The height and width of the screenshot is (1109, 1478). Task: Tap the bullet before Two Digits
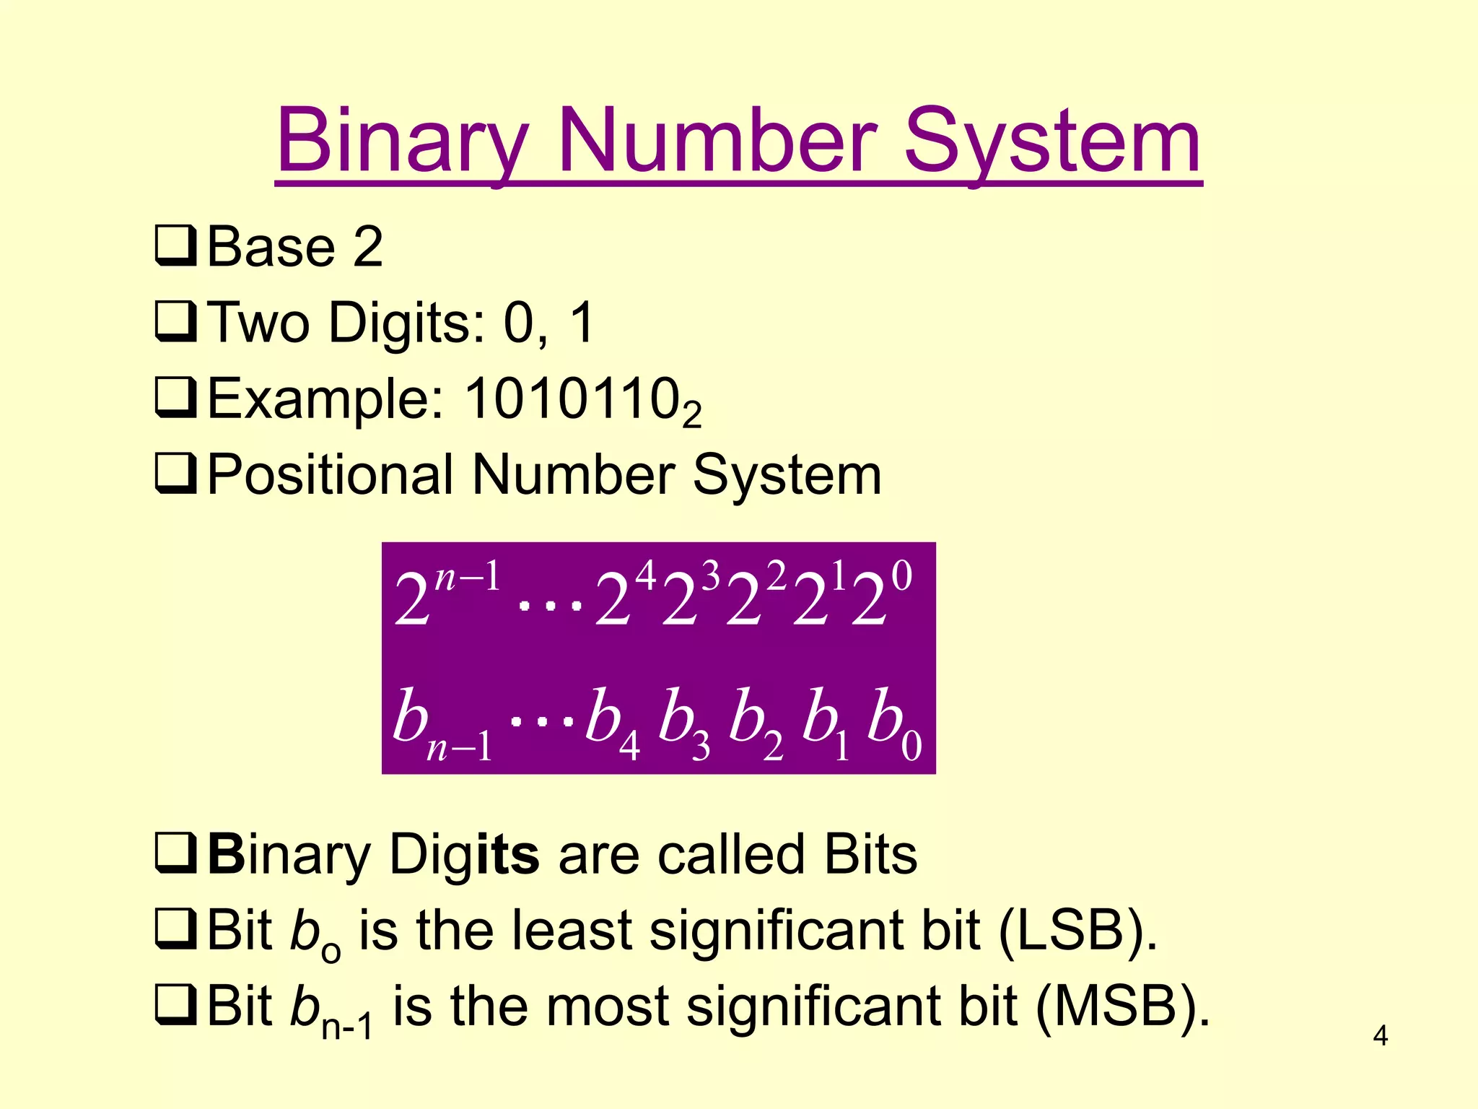tap(175, 322)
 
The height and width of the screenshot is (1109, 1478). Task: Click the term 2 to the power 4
tap(625, 596)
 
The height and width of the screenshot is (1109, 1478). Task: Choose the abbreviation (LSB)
tap(1078, 931)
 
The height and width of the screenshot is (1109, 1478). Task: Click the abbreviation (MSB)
tap(1121, 1006)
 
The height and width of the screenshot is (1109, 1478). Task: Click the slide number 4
tap(1380, 1036)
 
